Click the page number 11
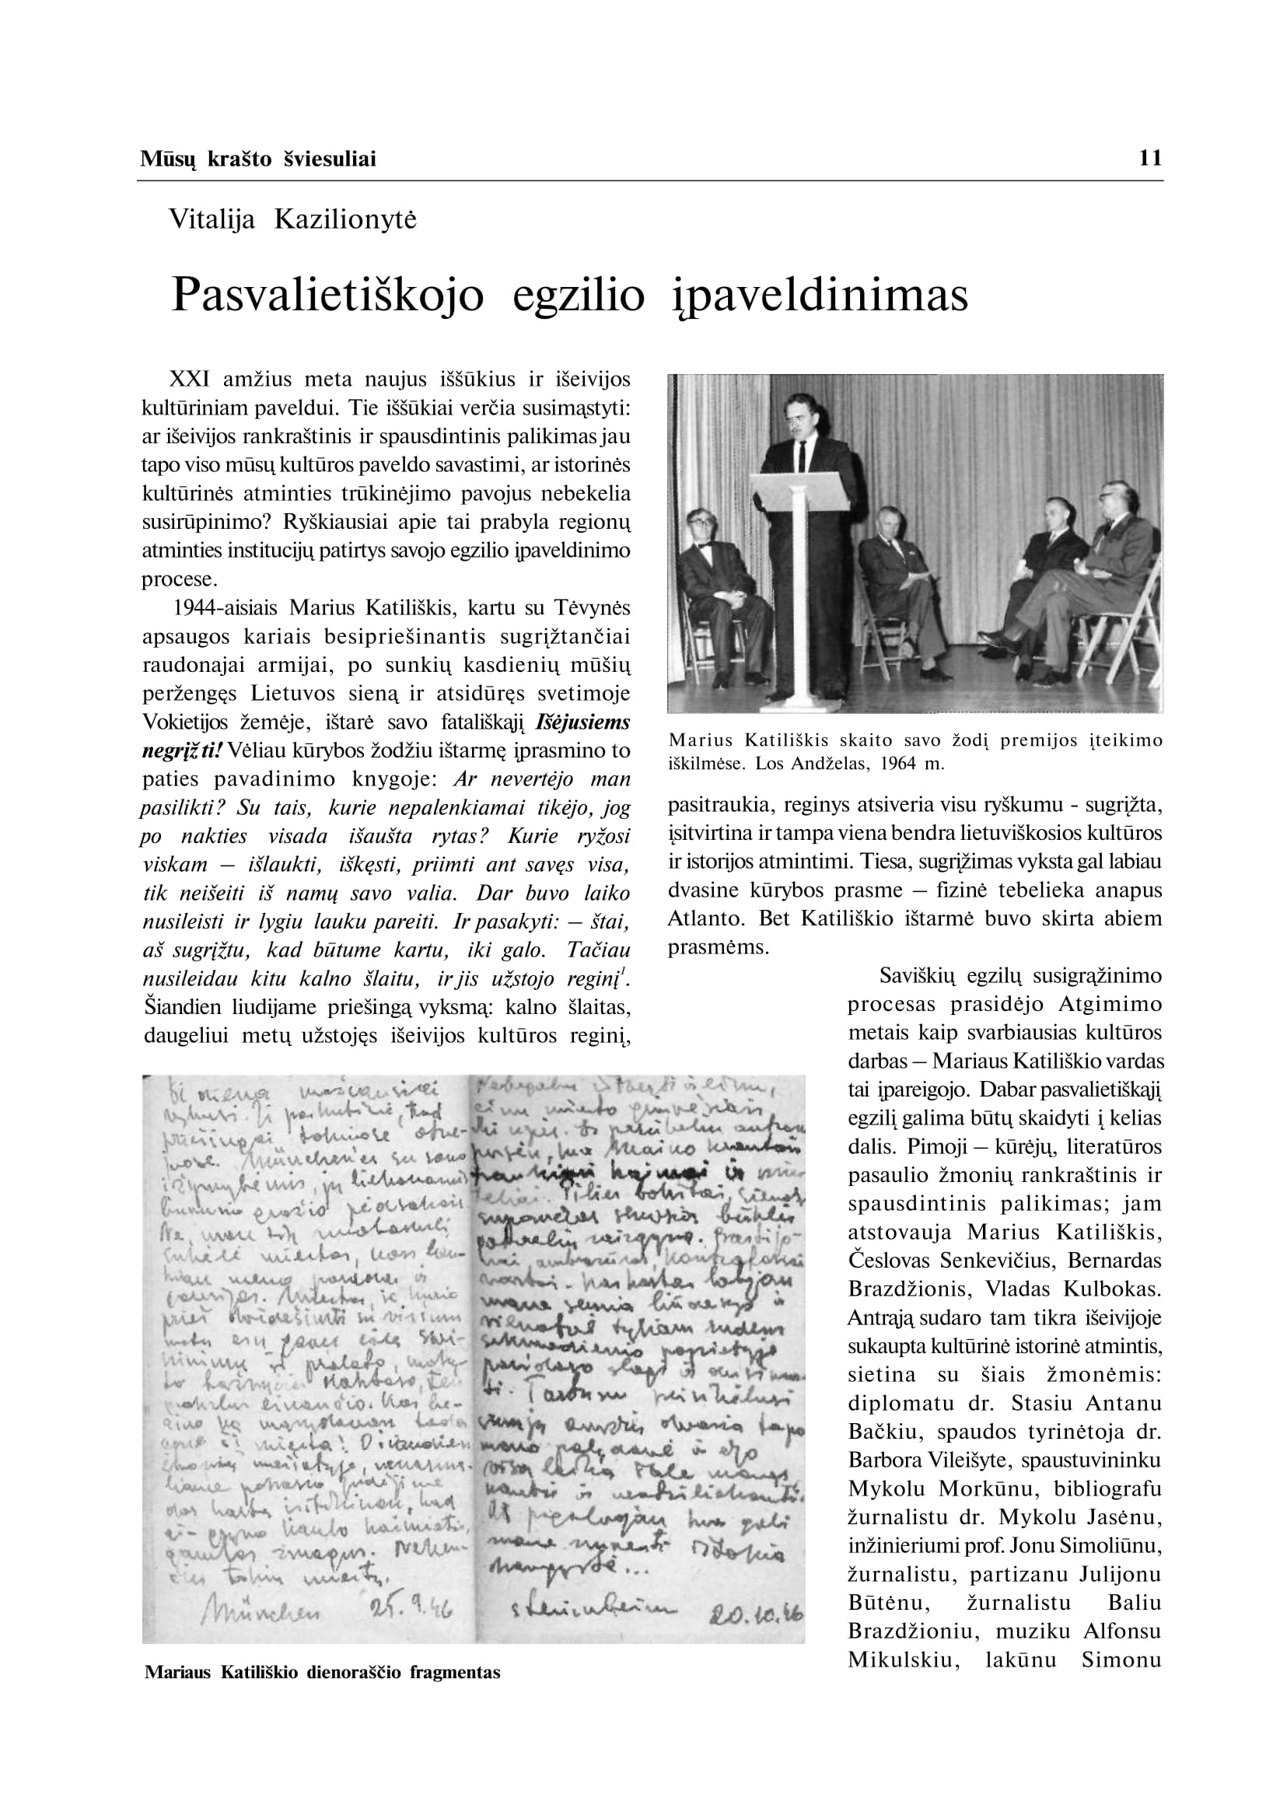pos(1150,159)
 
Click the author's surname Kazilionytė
pos(344,219)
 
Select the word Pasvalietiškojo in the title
pos(327,296)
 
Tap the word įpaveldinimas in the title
pos(820,296)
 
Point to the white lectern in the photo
pos(795,571)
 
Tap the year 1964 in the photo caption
pos(878,765)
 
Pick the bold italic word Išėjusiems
pos(583,722)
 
